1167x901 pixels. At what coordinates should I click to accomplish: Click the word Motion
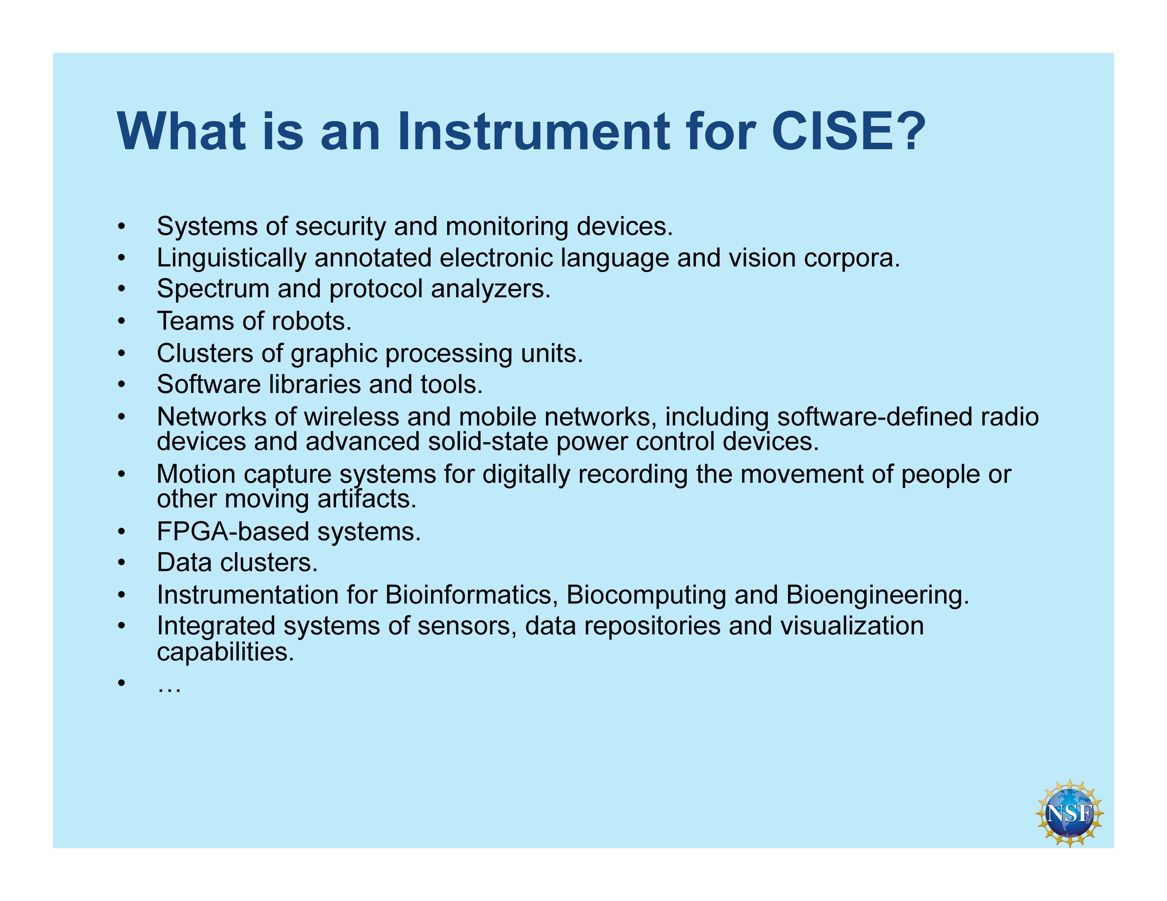click(196, 474)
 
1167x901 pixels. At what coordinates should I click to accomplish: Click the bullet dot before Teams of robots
click(122, 322)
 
